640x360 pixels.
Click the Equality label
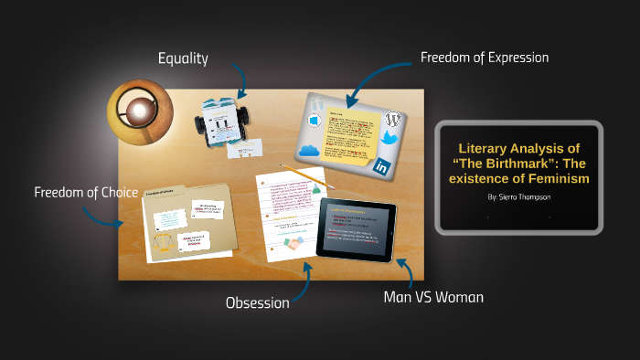point(183,58)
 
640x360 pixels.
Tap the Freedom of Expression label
point(484,58)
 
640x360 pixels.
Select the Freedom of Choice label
point(86,192)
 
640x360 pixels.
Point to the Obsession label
point(257,302)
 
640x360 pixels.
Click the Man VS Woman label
point(433,297)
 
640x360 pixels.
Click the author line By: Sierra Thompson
point(517,196)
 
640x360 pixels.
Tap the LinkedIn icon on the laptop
point(380,166)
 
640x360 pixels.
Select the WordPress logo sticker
point(393,119)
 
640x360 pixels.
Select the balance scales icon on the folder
point(164,242)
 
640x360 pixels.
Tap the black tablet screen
point(356,228)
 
